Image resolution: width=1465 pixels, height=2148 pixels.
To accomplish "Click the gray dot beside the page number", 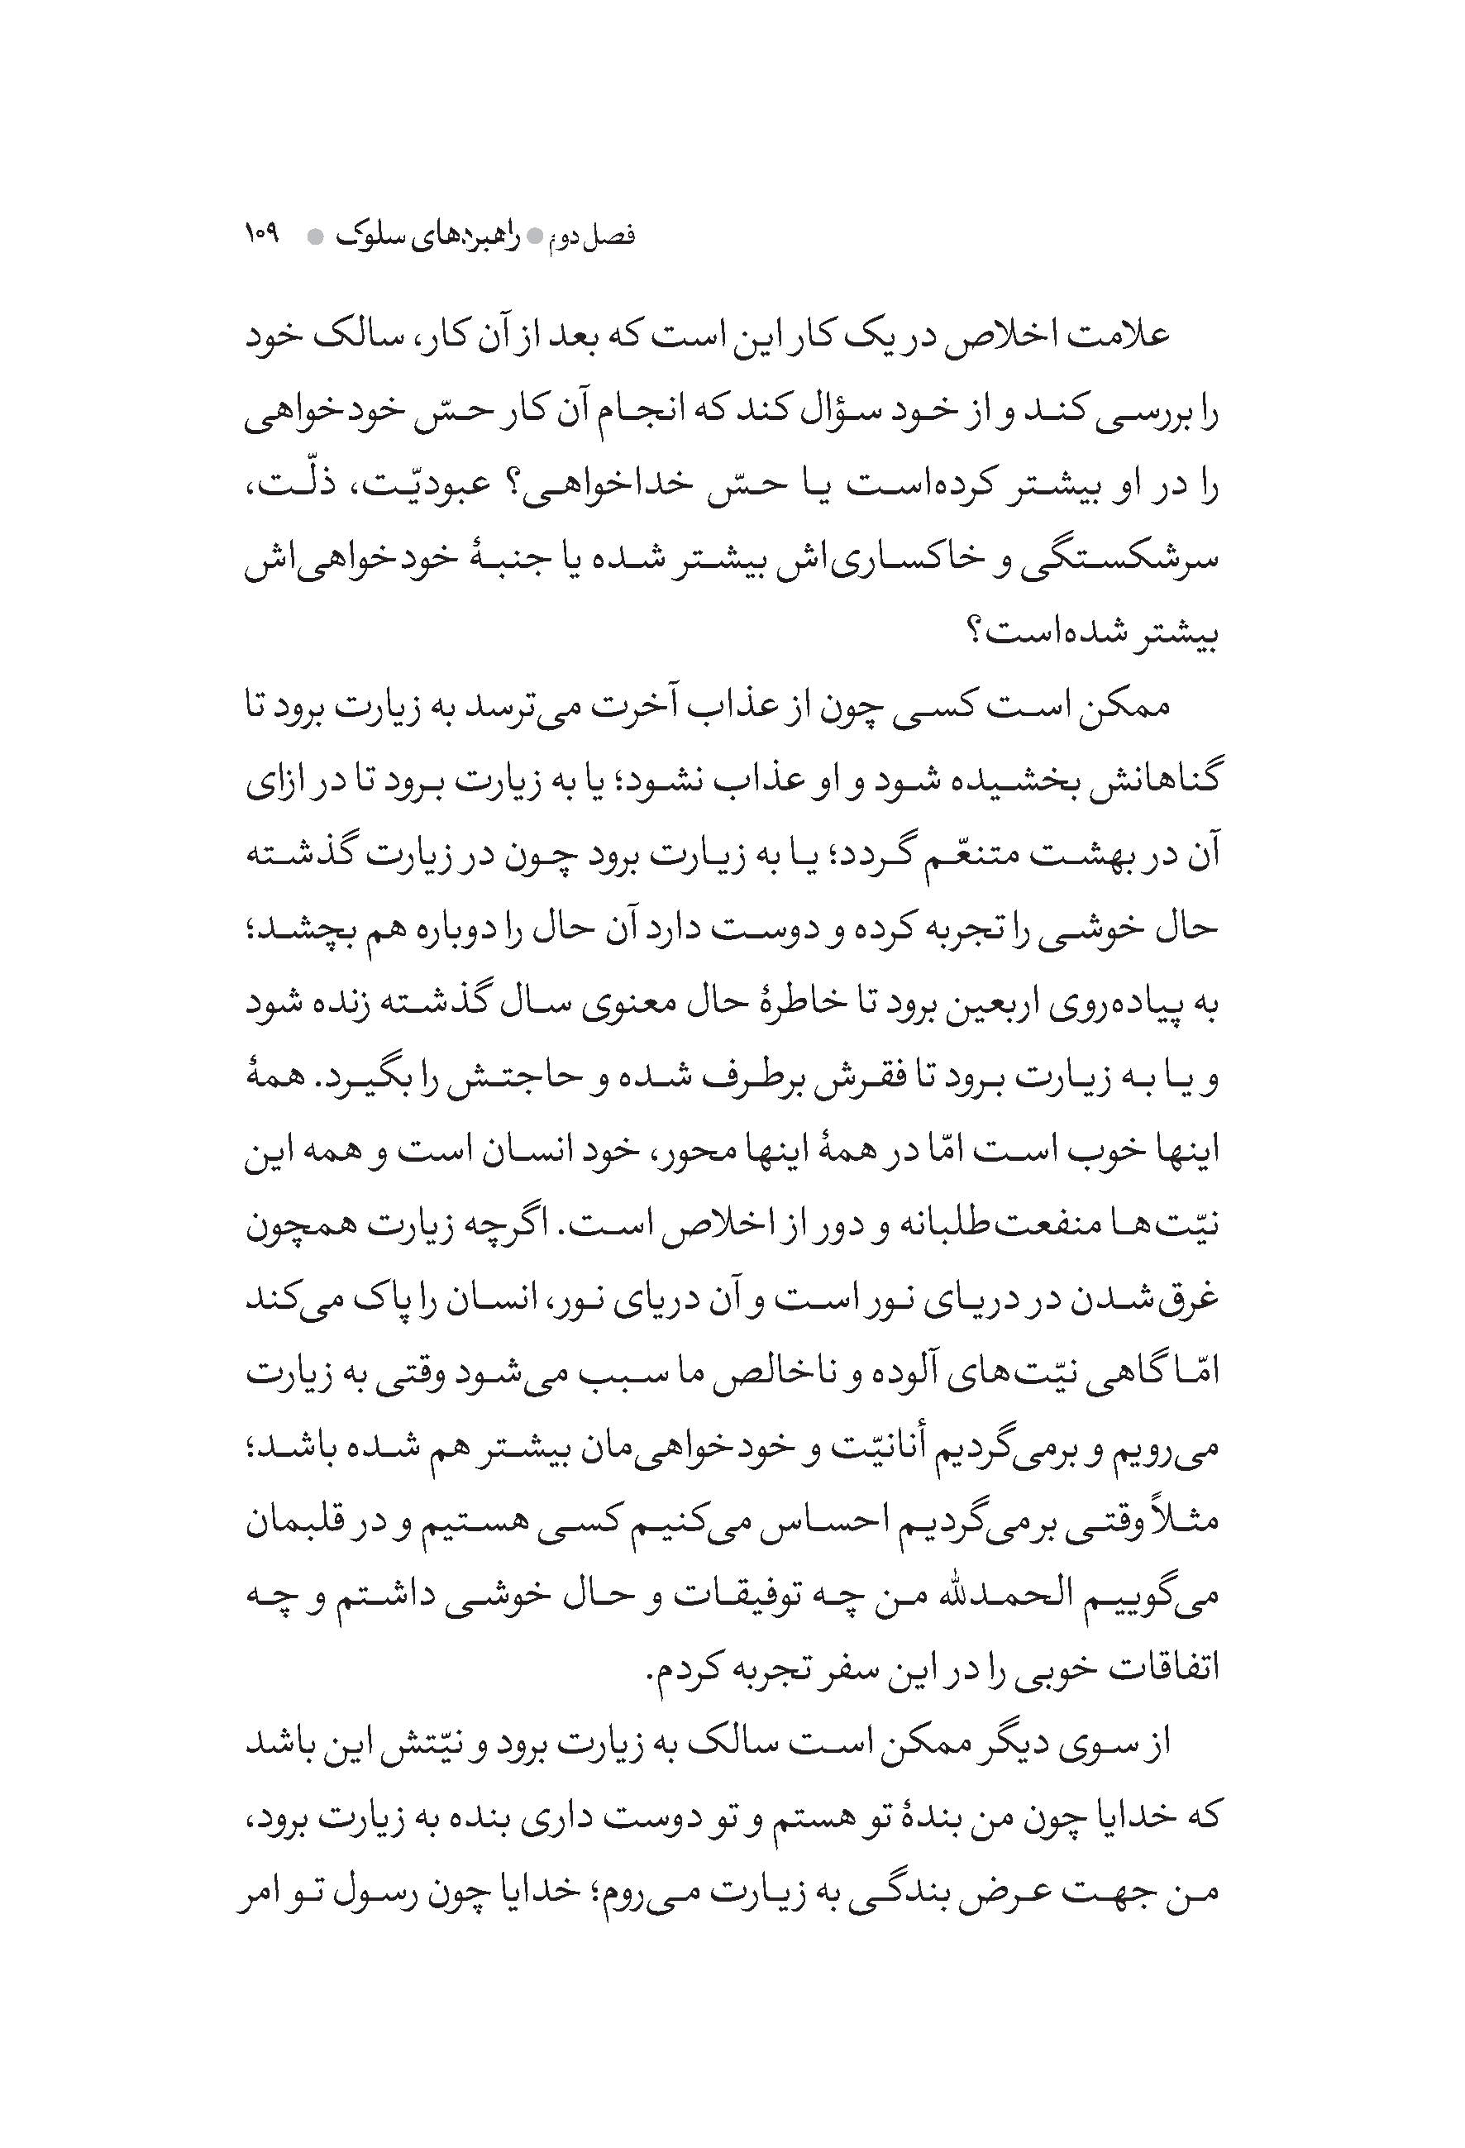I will (315, 236).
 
